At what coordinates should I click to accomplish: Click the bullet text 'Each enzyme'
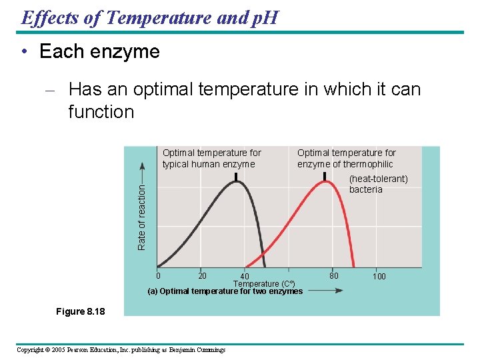pos(99,52)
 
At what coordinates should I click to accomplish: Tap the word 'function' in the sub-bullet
pos(101,112)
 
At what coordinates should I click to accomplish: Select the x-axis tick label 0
pos(158,276)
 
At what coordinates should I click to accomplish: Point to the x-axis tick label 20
pos(202,276)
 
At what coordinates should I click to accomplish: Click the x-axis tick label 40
pos(245,277)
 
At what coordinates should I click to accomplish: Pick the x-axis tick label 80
pos(334,275)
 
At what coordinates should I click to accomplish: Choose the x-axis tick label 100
pos(379,276)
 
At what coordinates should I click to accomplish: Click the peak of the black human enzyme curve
pos(235,183)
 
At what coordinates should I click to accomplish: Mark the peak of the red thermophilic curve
pos(325,183)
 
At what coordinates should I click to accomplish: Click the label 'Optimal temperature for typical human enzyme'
pos(211,159)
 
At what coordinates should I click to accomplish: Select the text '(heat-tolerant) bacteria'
pos(378,184)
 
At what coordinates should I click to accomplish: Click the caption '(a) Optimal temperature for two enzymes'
pos(225,291)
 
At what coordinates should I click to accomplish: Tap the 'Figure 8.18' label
pos(81,311)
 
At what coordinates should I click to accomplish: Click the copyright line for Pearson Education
pos(121,350)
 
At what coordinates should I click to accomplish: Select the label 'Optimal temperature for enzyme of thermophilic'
pos(346,159)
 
